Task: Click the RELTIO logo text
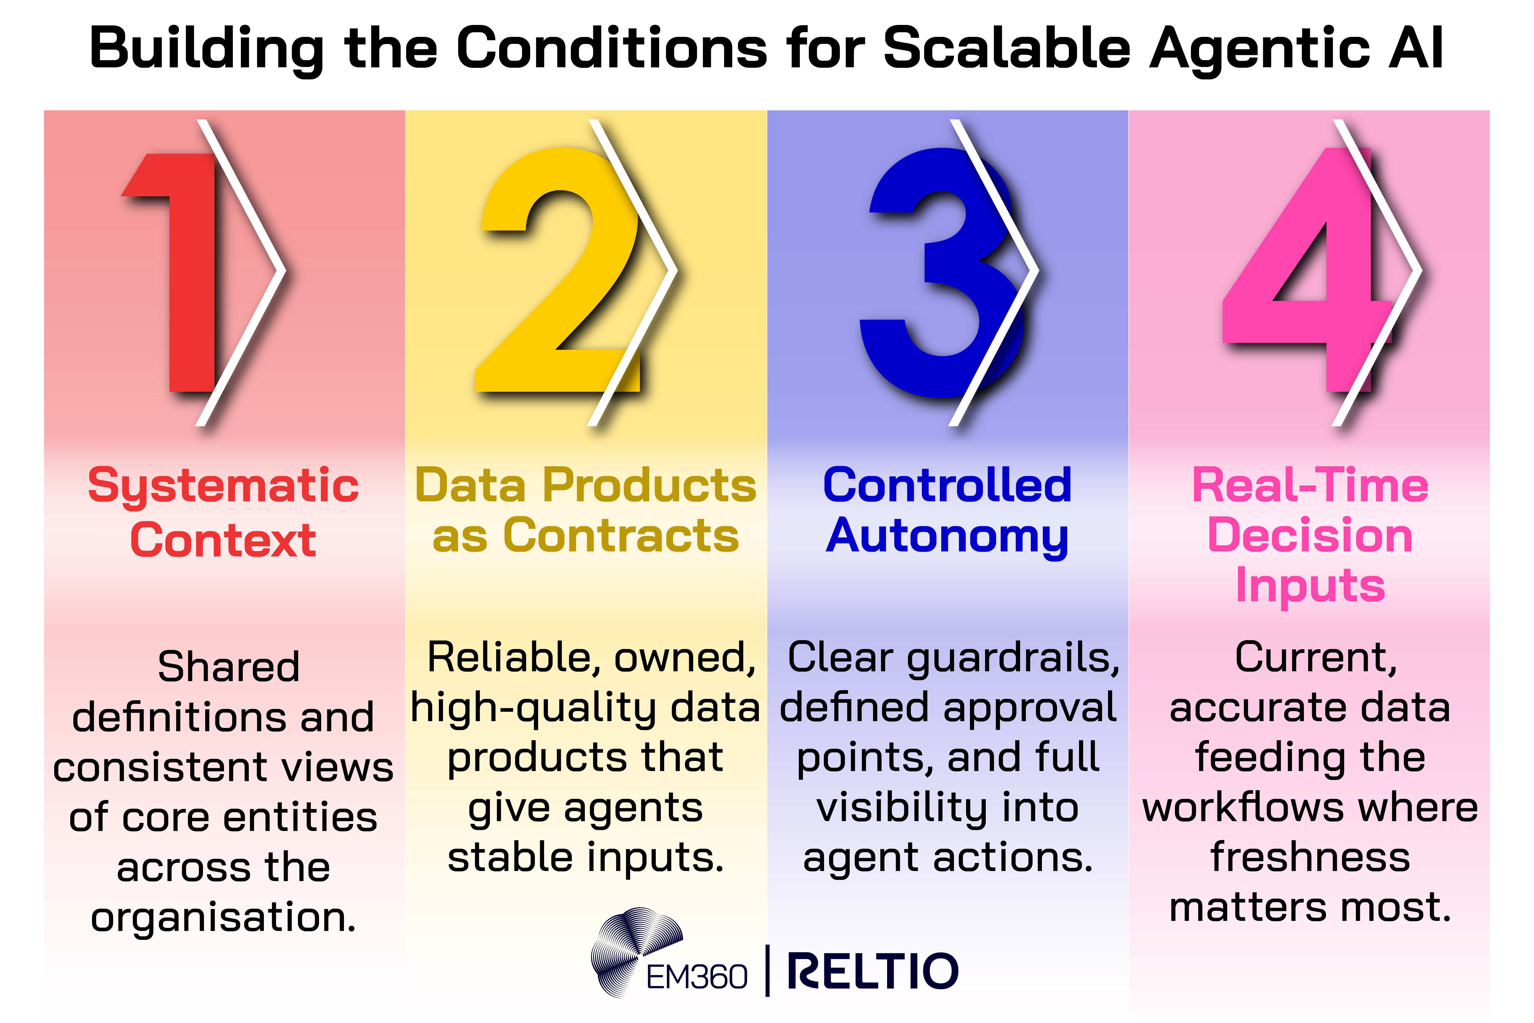pos(873,971)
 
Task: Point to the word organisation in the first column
pos(223,917)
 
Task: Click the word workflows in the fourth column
pos(1243,808)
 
